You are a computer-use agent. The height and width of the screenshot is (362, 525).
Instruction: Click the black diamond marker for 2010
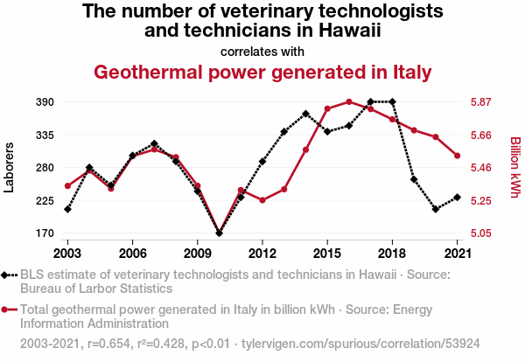[x=219, y=233]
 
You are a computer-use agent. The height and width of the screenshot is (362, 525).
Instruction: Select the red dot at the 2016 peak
[x=349, y=101]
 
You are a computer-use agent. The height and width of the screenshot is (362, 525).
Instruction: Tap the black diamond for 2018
[x=392, y=101]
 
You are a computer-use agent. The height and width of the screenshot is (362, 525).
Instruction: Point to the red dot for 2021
[x=457, y=156]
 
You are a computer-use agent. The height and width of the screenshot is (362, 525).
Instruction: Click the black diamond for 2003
[x=67, y=209]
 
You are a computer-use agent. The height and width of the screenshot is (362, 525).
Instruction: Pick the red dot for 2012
[x=262, y=200]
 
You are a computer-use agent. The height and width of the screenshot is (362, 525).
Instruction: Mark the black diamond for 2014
[x=305, y=114]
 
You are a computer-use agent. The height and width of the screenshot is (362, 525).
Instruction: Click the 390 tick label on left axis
[x=45, y=102]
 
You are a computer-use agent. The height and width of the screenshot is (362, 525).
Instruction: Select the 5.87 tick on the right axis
[x=480, y=102]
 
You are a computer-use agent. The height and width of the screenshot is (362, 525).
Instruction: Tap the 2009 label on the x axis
[x=198, y=254]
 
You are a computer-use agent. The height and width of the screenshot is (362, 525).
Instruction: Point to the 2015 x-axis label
[x=327, y=254]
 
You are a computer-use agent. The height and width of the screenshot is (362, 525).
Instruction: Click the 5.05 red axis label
[x=480, y=233]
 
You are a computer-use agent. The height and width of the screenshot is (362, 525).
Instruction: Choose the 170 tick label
[x=45, y=233]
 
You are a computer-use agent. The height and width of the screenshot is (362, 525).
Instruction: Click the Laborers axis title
[x=9, y=168]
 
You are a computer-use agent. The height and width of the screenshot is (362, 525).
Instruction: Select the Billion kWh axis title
[x=515, y=167]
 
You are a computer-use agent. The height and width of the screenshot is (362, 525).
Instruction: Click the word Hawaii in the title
[x=349, y=30]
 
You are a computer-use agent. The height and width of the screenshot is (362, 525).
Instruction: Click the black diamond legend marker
[x=4, y=275]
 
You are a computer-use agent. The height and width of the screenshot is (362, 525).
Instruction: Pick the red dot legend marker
[x=4, y=310]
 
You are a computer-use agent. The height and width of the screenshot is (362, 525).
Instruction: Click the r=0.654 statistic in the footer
[x=108, y=344]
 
